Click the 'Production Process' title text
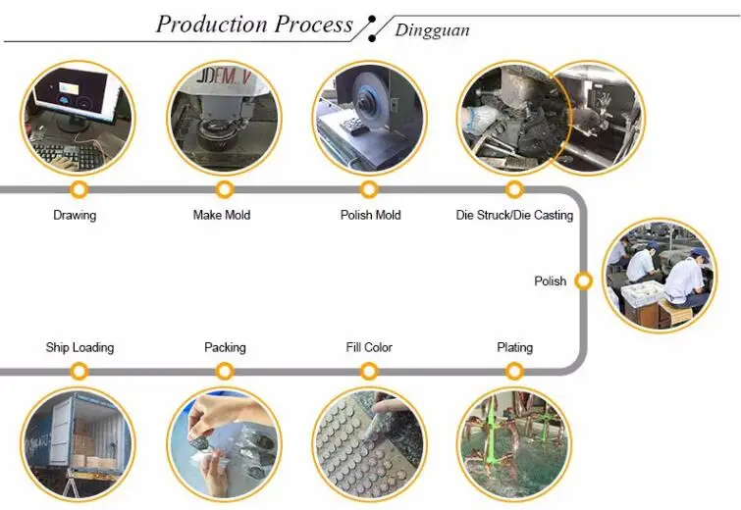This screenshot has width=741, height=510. click(x=254, y=25)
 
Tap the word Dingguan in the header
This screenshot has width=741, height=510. click(x=432, y=30)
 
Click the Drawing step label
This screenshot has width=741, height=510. click(x=75, y=216)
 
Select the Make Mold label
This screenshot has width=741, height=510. click(x=222, y=216)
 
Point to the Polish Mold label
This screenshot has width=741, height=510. click(x=371, y=216)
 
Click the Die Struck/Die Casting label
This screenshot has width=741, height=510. click(x=514, y=216)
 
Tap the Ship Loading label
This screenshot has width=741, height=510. click(x=79, y=347)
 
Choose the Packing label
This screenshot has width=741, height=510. click(x=225, y=347)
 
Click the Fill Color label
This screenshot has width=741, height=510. click(x=369, y=347)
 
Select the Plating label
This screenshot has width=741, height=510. click(x=514, y=347)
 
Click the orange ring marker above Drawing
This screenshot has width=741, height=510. click(x=79, y=183)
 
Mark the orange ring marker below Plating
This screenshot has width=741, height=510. click(x=514, y=365)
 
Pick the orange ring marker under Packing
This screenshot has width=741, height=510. click(x=225, y=365)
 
